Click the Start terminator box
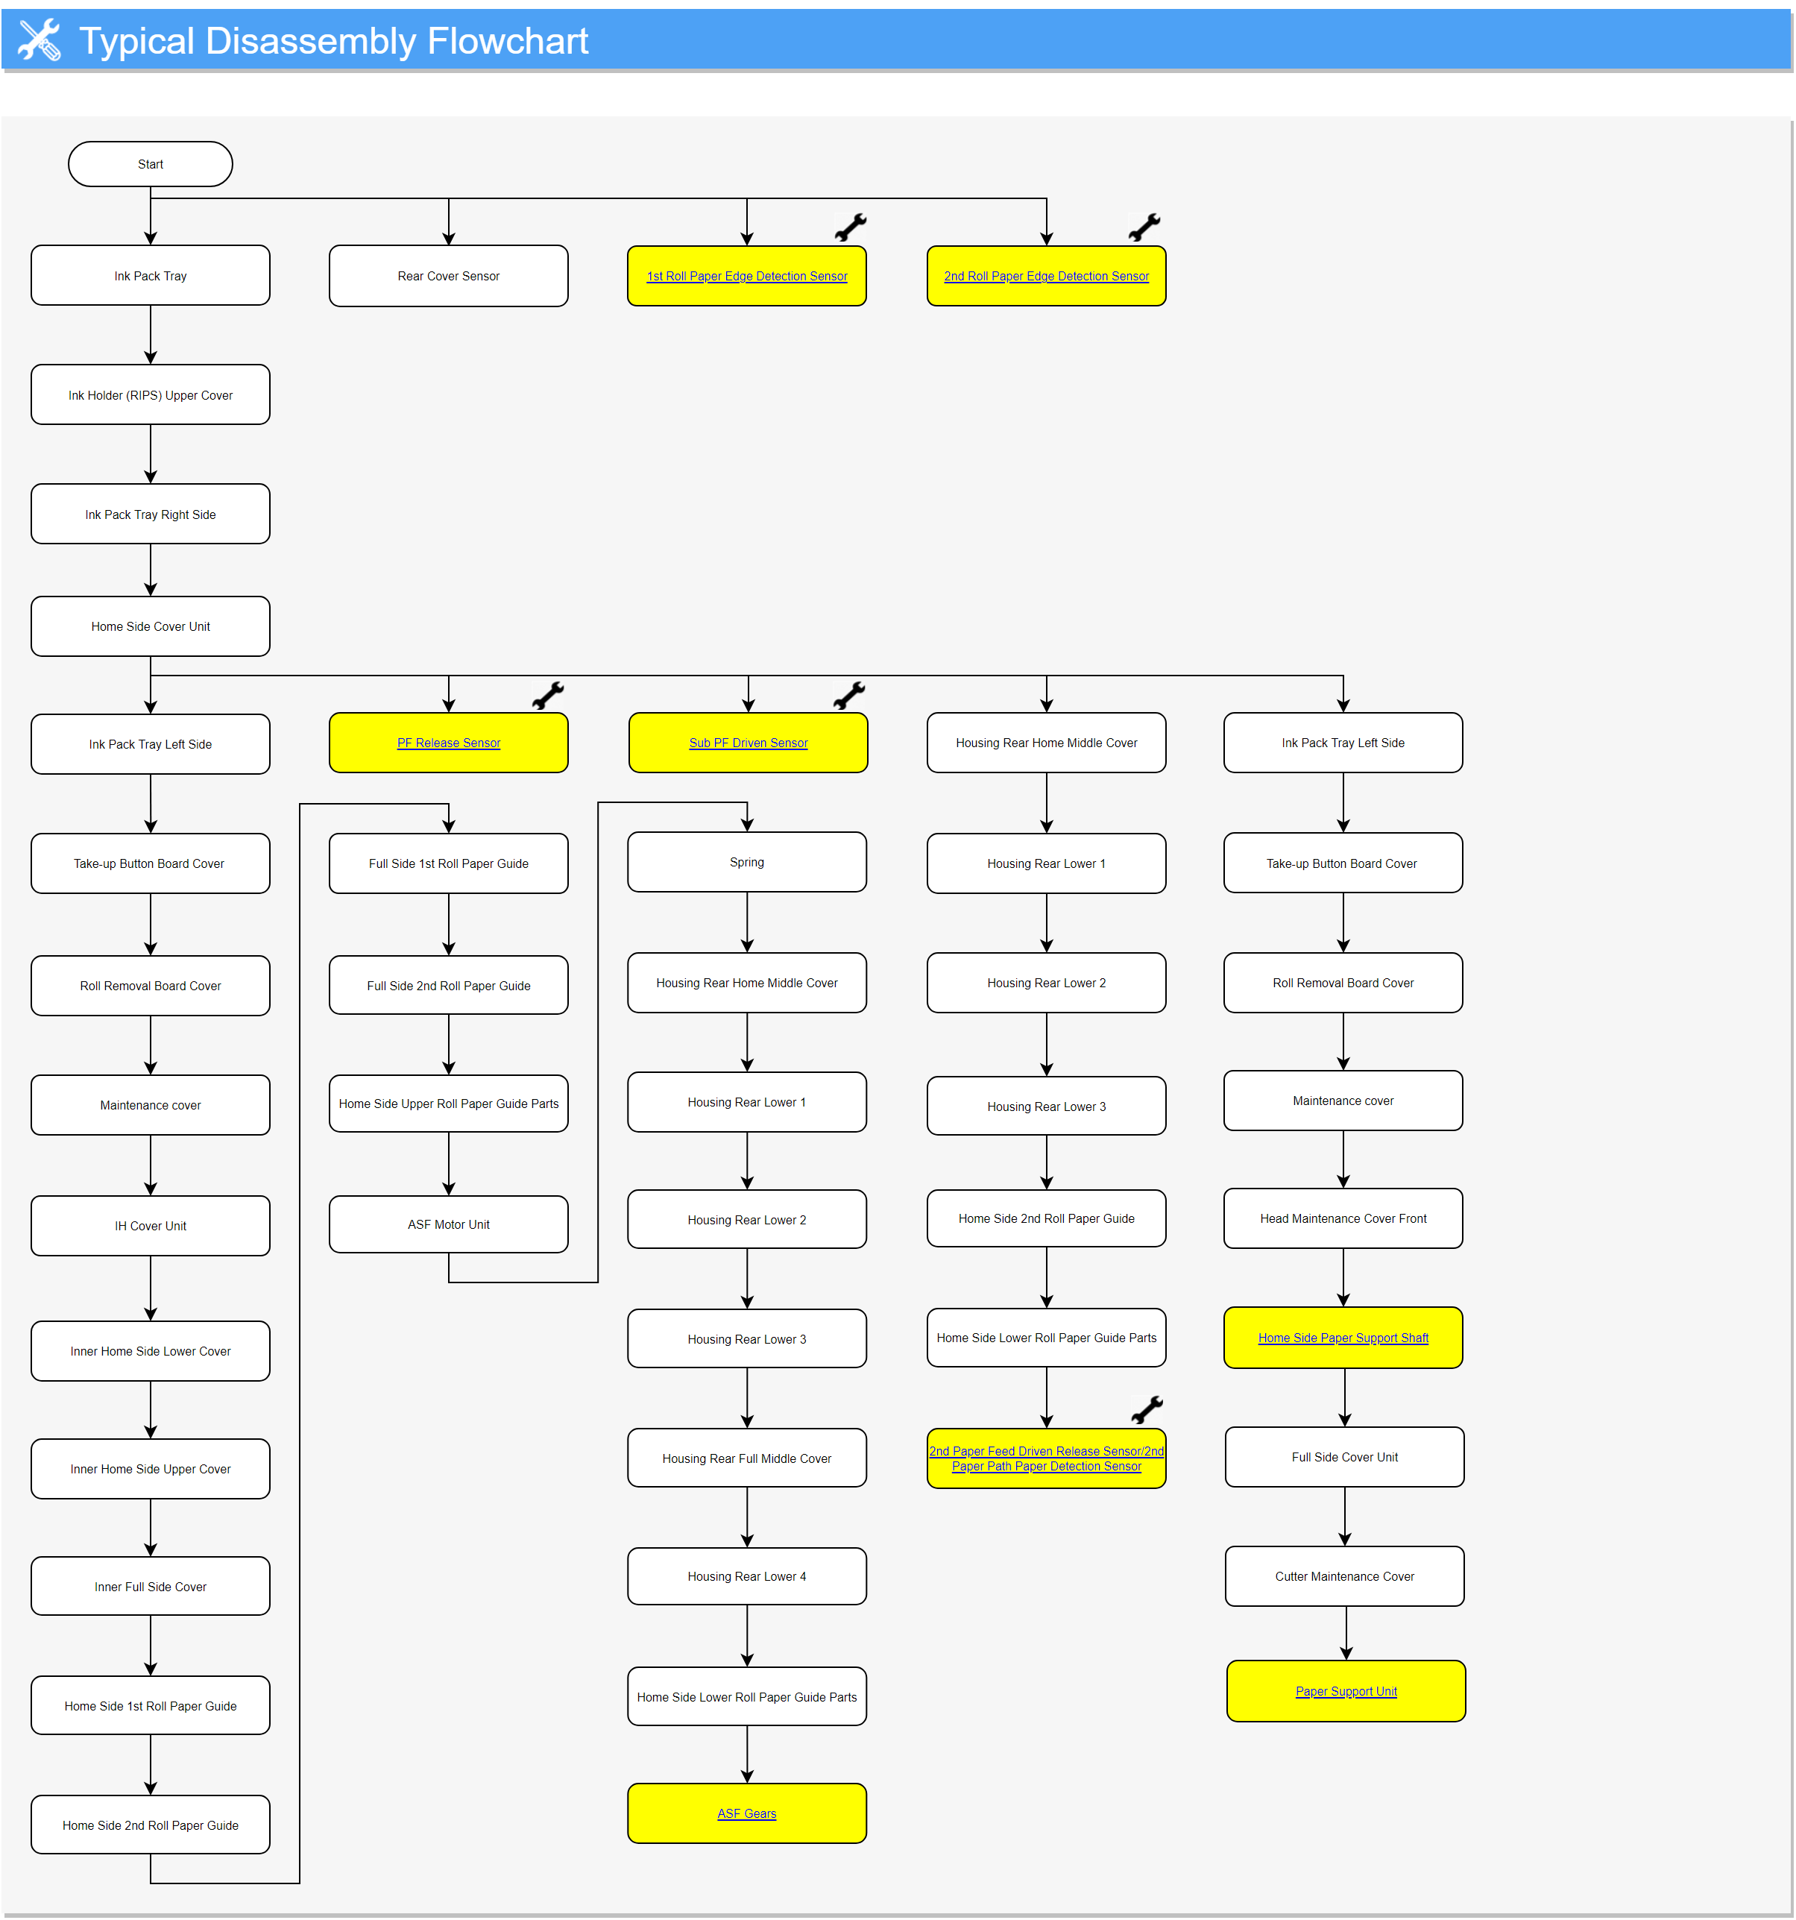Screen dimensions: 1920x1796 click(x=150, y=164)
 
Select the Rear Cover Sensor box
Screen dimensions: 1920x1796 click(x=448, y=276)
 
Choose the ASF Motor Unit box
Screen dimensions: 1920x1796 click(x=448, y=1224)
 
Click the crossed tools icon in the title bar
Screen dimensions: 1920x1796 click(x=39, y=40)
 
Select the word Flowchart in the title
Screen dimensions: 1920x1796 click(x=507, y=40)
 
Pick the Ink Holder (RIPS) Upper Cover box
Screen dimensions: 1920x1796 click(x=150, y=395)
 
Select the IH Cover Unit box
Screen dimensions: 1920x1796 click(x=150, y=1226)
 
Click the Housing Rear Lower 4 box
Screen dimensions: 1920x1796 click(x=746, y=1576)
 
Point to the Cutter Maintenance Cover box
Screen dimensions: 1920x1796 click(x=1344, y=1576)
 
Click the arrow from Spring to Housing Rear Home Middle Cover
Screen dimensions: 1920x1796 click(x=746, y=922)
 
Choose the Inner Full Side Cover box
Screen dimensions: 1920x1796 click(x=150, y=1587)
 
